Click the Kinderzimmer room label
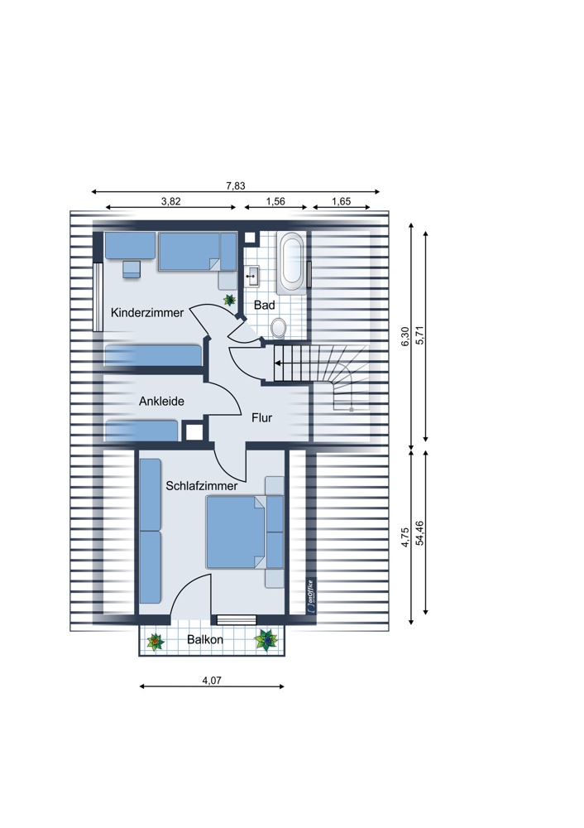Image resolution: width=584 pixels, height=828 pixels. click(147, 313)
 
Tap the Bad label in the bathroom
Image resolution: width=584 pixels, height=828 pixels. click(265, 305)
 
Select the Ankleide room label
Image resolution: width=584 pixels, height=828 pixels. click(161, 402)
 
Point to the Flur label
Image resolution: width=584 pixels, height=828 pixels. click(261, 418)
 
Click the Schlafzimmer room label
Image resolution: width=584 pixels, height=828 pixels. click(202, 486)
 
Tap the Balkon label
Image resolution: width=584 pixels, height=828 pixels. click(205, 639)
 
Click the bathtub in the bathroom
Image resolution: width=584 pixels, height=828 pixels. click(292, 262)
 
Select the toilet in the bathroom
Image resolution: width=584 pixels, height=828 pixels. click(278, 327)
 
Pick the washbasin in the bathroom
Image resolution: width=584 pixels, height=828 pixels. click(252, 275)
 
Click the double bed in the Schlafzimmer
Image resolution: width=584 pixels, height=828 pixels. click(235, 532)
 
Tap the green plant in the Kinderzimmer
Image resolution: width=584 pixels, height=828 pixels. click(229, 300)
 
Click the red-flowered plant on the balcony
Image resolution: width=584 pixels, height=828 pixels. click(156, 642)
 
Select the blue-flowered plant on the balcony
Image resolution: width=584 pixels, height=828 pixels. click(267, 639)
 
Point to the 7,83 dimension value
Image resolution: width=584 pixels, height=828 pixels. click(235, 185)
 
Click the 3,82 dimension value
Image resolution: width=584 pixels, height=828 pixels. click(171, 201)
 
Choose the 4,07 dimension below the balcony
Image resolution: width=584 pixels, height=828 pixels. click(212, 681)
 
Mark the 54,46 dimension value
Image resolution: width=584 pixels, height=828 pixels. click(420, 532)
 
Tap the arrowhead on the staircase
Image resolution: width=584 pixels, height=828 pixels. click(276, 363)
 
